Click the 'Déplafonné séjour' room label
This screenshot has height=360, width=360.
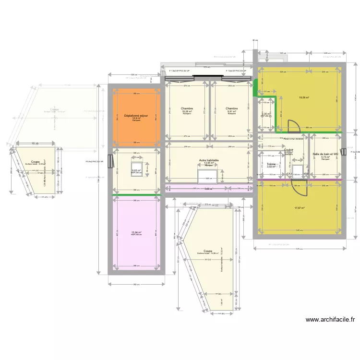[136, 116]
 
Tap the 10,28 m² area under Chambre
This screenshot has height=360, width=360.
[186, 111]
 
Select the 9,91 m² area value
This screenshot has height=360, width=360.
[232, 111]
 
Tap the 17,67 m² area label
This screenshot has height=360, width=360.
[300, 208]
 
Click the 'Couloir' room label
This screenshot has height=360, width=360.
[288, 150]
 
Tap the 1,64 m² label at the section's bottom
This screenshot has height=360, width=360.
[222, 303]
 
